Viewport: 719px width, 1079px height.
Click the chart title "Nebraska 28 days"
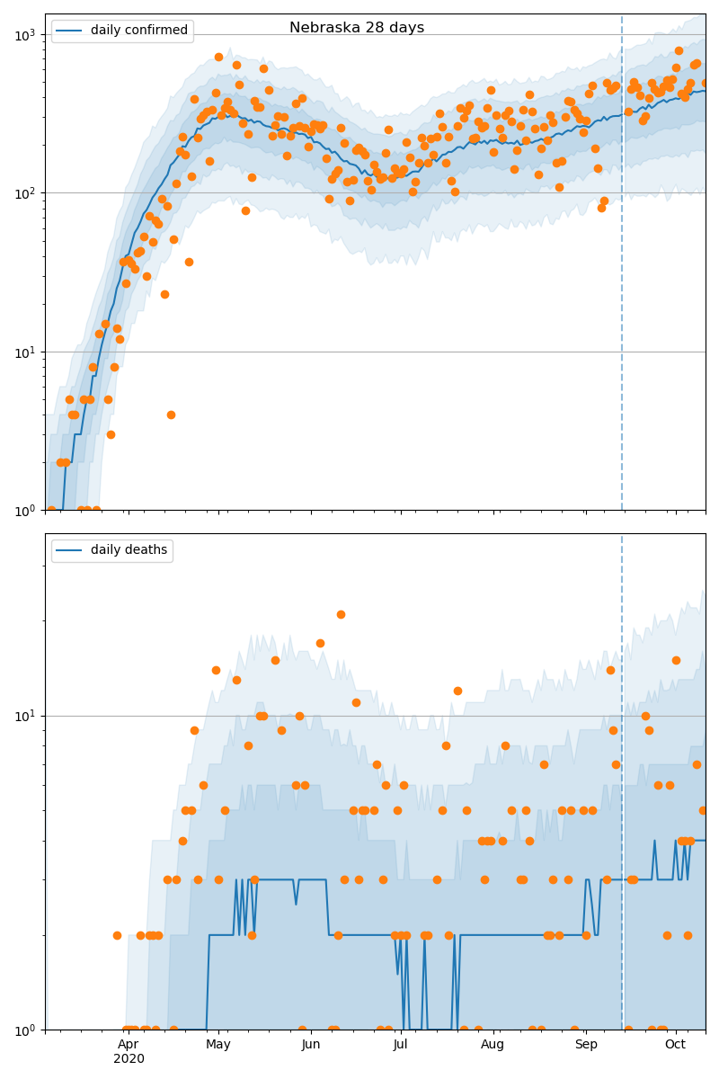(356, 28)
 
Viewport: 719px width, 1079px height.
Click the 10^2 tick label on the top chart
(26, 193)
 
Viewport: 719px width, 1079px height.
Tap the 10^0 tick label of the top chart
(26, 511)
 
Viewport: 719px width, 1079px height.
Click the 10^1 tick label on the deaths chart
(26, 717)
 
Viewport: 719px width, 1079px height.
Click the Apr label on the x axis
(128, 1044)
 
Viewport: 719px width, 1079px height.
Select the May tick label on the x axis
(218, 1044)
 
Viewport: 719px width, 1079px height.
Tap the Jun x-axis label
(311, 1044)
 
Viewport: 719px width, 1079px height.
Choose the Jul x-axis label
(401, 1044)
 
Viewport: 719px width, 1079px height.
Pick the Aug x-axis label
(493, 1044)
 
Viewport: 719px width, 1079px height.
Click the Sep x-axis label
(585, 1044)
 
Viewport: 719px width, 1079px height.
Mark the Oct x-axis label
(675, 1044)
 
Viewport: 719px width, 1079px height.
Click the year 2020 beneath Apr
(128, 1059)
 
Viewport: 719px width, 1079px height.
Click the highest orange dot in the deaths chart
(341, 614)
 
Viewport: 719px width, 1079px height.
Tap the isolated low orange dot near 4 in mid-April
(171, 415)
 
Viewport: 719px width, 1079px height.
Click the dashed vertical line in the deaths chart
(622, 809)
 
